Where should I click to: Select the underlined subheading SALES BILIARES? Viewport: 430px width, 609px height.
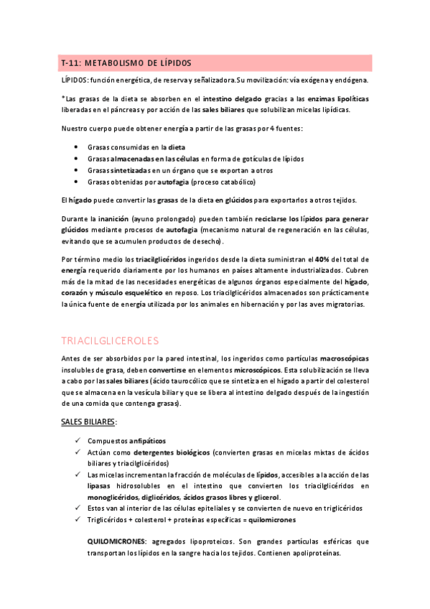(88, 421)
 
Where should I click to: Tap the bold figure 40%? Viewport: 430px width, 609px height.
(322, 259)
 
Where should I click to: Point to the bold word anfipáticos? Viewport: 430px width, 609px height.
(147, 440)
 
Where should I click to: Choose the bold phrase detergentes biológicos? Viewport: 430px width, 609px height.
(172, 453)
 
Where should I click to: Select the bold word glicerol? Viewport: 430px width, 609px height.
(266, 497)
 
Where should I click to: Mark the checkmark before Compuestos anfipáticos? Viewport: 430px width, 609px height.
(77, 440)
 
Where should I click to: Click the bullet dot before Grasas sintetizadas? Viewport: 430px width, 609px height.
(77, 170)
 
